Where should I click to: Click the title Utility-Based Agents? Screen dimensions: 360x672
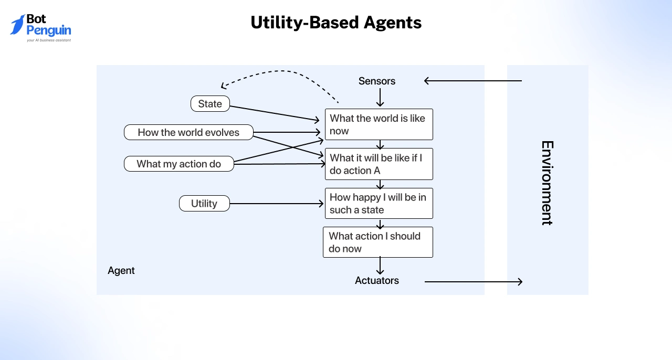[336, 23]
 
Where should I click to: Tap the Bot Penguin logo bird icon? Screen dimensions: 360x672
[17, 25]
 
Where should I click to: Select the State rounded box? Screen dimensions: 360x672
[210, 104]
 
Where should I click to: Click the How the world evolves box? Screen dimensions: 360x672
[188, 132]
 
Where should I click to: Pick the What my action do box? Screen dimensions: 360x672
[178, 164]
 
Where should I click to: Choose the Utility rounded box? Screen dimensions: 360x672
[204, 204]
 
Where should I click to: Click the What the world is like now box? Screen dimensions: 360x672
[379, 124]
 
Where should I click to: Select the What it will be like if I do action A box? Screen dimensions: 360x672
[379, 164]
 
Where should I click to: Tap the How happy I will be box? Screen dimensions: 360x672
[379, 203]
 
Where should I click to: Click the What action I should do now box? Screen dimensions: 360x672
[377, 242]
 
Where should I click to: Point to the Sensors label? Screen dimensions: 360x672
[377, 81]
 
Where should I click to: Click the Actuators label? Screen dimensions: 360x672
[377, 280]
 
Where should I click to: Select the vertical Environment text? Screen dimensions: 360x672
[547, 183]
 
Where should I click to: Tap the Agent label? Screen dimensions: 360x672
[121, 270]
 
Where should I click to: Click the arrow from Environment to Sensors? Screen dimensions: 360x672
[472, 81]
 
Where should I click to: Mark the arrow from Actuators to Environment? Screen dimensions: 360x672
[472, 282]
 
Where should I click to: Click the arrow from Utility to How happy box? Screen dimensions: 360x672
[277, 204]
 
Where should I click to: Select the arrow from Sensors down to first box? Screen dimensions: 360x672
[380, 98]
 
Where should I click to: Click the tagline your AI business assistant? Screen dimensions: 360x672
[49, 40]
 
